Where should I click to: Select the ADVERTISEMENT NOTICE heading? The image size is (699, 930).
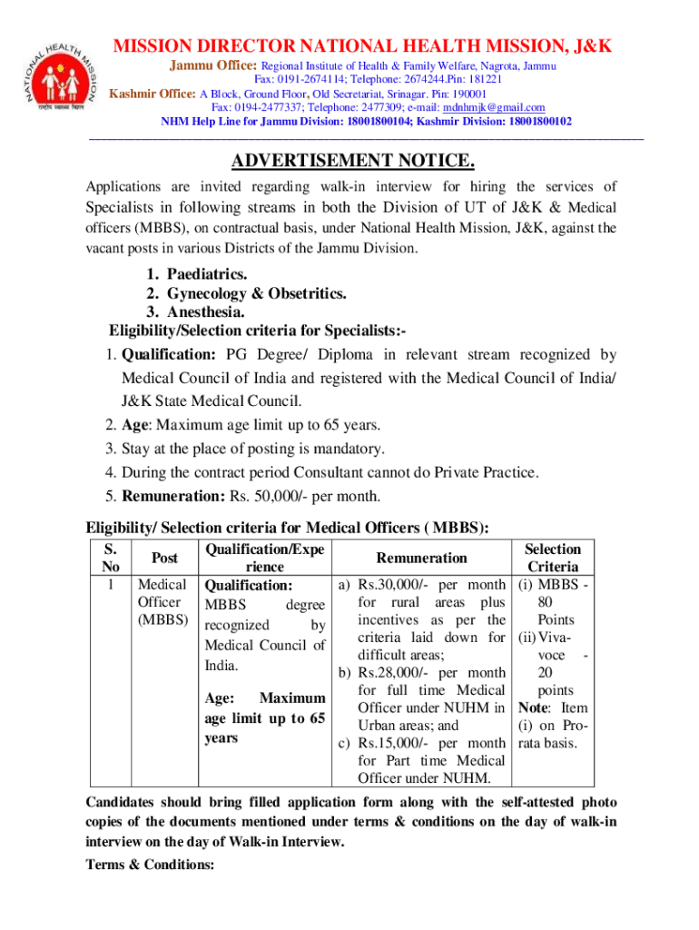[x=353, y=162]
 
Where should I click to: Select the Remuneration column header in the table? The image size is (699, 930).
[x=421, y=558]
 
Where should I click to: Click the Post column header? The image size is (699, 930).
[x=164, y=558]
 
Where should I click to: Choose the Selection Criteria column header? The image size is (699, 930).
[x=553, y=558]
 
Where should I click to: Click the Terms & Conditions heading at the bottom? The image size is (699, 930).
[x=150, y=865]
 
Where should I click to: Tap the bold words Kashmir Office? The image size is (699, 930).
[x=153, y=94]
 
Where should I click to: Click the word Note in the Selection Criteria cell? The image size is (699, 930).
[x=535, y=707]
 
